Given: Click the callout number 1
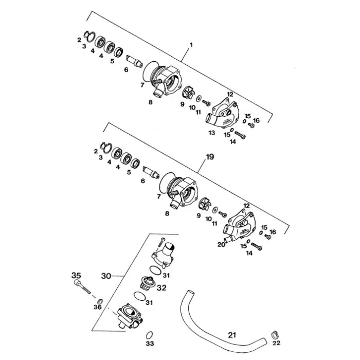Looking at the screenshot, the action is click(191, 45).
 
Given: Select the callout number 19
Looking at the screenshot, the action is click(210, 157).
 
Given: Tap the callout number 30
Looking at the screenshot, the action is click(106, 276).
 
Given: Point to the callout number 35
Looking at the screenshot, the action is click(77, 275).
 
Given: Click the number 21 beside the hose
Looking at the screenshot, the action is click(232, 335).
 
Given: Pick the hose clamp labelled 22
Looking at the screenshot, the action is click(275, 334).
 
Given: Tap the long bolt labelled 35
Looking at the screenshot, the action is click(82, 287).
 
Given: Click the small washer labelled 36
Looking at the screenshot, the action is click(100, 301).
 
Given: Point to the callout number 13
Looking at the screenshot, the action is click(212, 133).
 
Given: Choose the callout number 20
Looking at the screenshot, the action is click(221, 244).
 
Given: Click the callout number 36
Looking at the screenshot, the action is click(98, 307).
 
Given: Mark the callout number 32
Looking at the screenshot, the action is click(161, 287).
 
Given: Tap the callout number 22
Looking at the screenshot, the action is click(276, 343).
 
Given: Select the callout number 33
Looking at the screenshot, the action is click(150, 344).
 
